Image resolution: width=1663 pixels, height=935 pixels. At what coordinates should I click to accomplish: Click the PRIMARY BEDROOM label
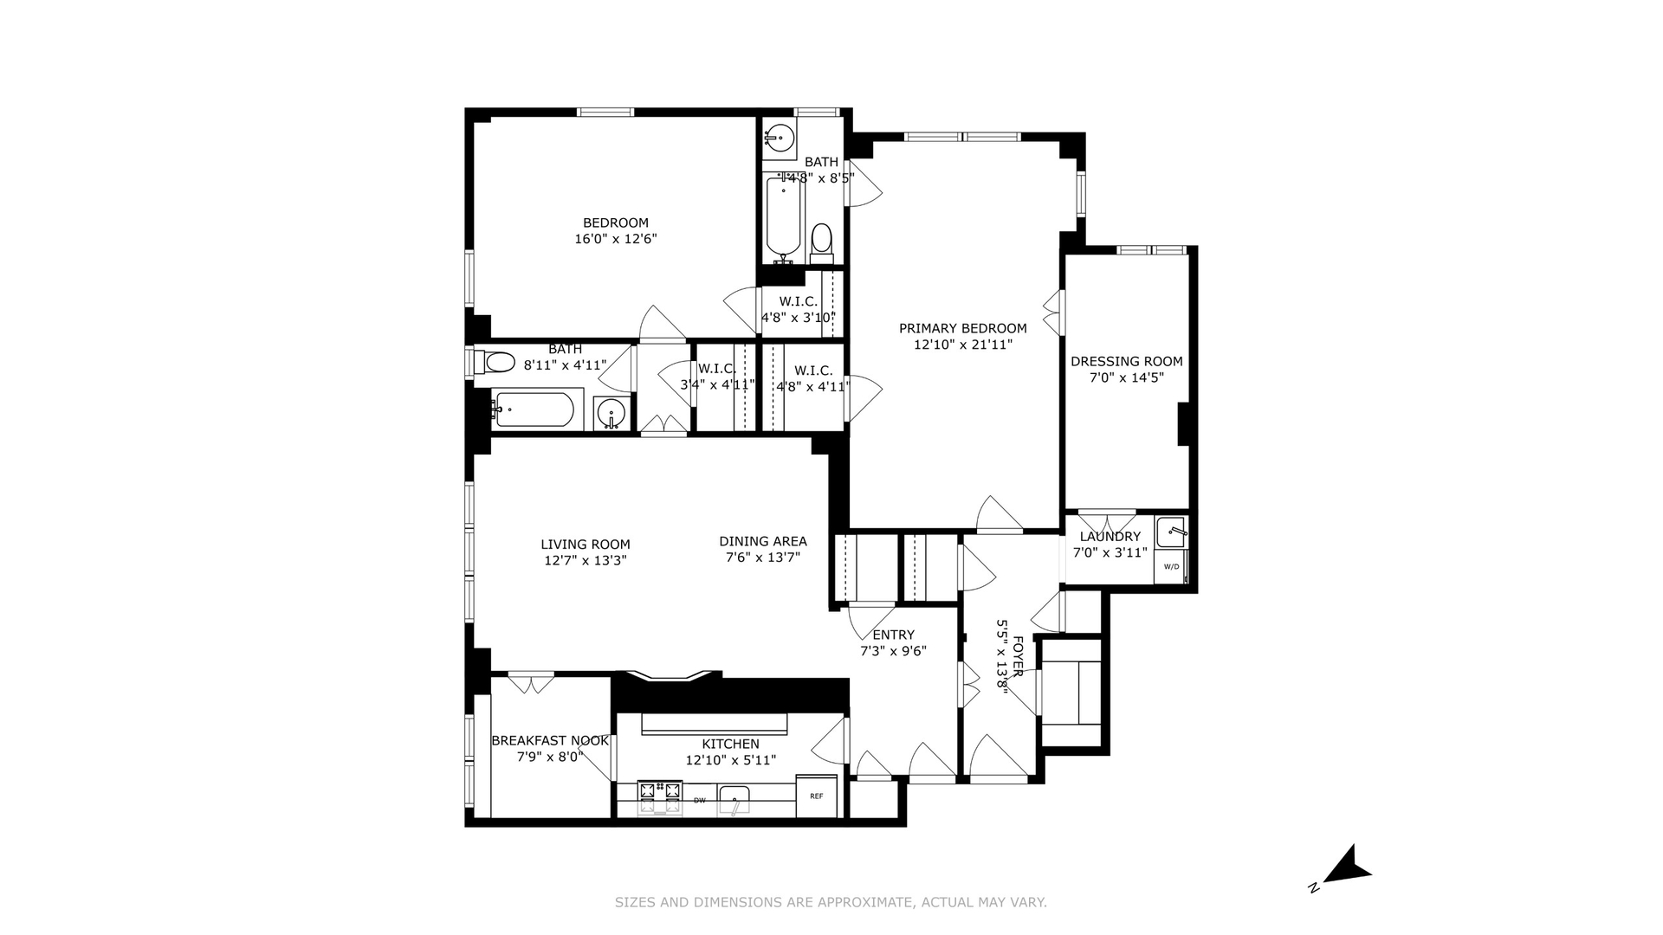(962, 328)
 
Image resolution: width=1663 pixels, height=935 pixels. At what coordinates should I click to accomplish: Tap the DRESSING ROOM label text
(1126, 361)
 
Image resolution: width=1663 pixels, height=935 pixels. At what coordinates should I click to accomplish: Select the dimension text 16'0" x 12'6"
(616, 238)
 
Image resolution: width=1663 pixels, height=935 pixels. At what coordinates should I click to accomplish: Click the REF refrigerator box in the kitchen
(816, 796)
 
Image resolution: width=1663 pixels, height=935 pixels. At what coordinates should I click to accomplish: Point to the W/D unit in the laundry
(1171, 567)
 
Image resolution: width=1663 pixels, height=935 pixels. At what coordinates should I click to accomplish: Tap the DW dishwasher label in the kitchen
(699, 800)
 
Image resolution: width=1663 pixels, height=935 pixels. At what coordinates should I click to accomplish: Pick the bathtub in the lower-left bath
(533, 410)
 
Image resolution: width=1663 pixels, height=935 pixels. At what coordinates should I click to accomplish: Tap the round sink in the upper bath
(780, 138)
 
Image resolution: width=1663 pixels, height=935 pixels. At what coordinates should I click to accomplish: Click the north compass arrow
(1347, 866)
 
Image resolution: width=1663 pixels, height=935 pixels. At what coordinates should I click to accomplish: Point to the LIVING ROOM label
(586, 545)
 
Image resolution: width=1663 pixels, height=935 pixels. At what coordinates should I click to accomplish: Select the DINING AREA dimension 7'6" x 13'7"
(762, 558)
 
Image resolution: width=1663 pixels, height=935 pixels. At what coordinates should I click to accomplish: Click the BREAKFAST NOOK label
(550, 740)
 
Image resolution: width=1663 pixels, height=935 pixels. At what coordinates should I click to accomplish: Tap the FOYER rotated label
(1018, 656)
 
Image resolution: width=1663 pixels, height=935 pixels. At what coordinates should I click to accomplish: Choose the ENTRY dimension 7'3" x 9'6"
(893, 651)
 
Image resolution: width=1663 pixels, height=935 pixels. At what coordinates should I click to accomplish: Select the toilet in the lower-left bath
(499, 362)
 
